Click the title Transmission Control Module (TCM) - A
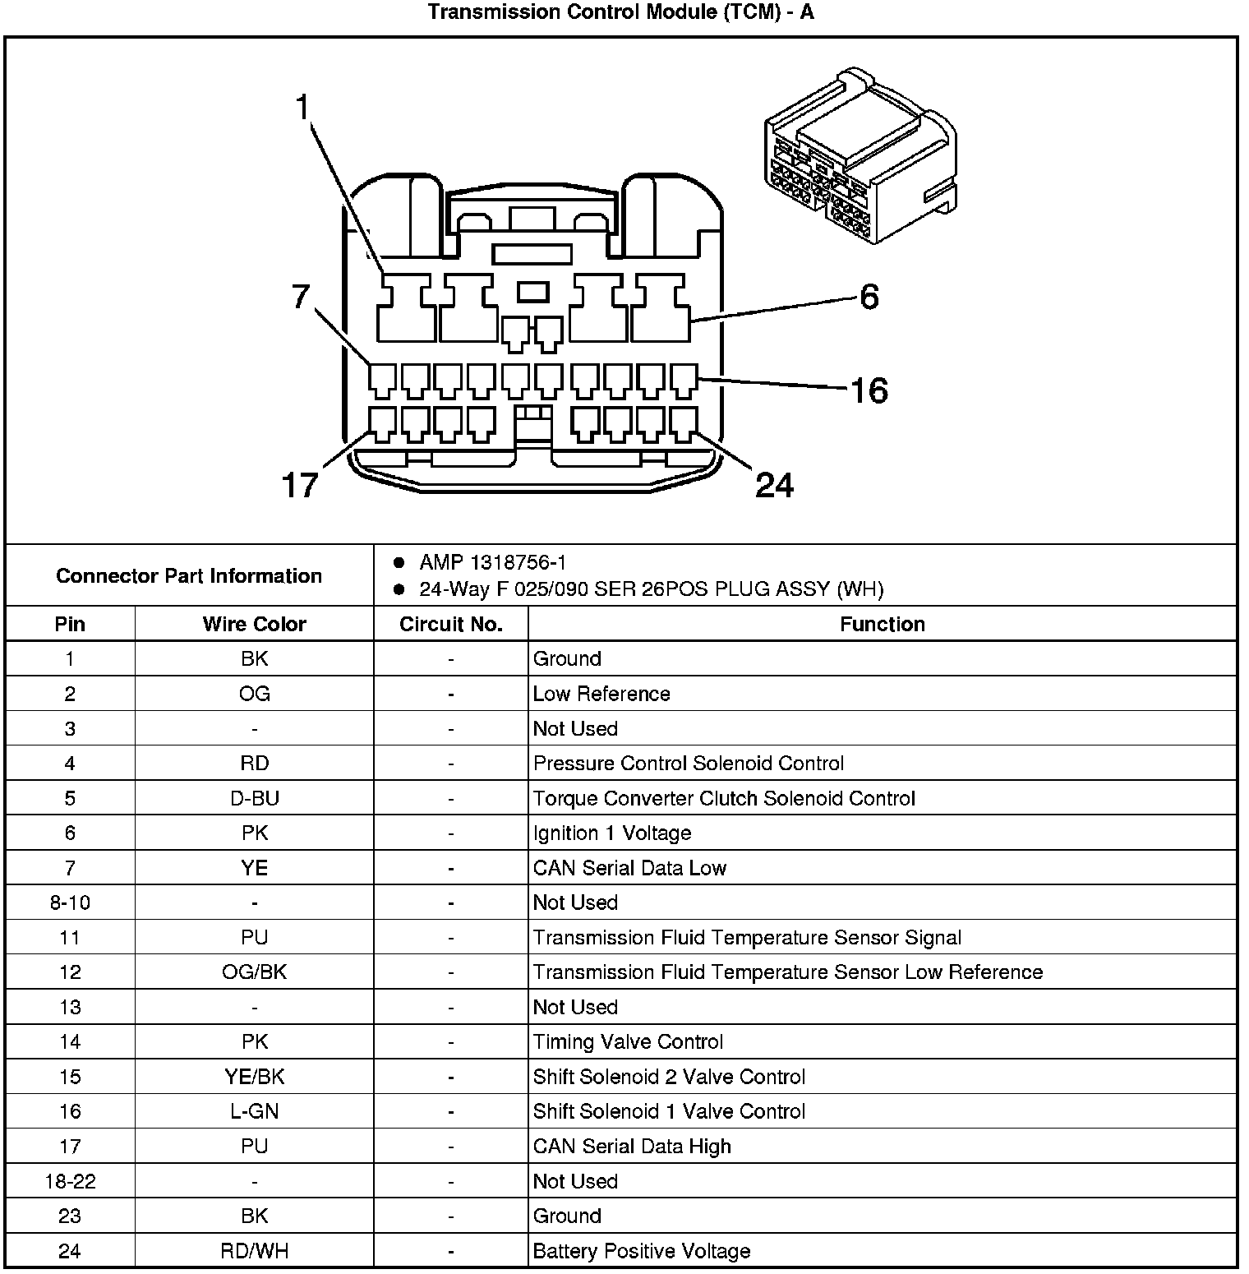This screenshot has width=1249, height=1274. coord(620,12)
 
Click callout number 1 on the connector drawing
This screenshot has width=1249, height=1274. coord(303,108)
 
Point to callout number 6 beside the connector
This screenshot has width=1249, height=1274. coord(869,297)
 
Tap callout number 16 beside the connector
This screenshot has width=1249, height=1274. coord(869,390)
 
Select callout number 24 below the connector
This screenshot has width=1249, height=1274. coord(774,485)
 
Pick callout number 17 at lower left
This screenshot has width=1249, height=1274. coord(299,485)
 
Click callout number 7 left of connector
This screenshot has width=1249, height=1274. coord(301,297)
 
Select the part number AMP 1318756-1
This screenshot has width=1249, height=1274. coord(492,563)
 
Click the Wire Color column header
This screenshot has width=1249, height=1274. coord(254,625)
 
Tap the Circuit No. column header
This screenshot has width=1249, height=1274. coord(450,625)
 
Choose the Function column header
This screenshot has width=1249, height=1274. coord(882,625)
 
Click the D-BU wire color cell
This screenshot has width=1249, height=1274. coord(254,799)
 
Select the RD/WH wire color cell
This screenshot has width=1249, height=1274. coord(254,1252)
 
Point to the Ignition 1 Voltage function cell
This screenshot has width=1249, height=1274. coord(612,833)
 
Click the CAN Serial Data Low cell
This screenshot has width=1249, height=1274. coord(629,869)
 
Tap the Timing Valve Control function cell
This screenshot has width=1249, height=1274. coord(628,1042)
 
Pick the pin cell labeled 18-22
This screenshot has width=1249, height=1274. coord(70,1182)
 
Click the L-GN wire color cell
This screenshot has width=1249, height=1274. coord(254,1112)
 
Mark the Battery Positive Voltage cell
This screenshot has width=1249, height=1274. coord(642,1252)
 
